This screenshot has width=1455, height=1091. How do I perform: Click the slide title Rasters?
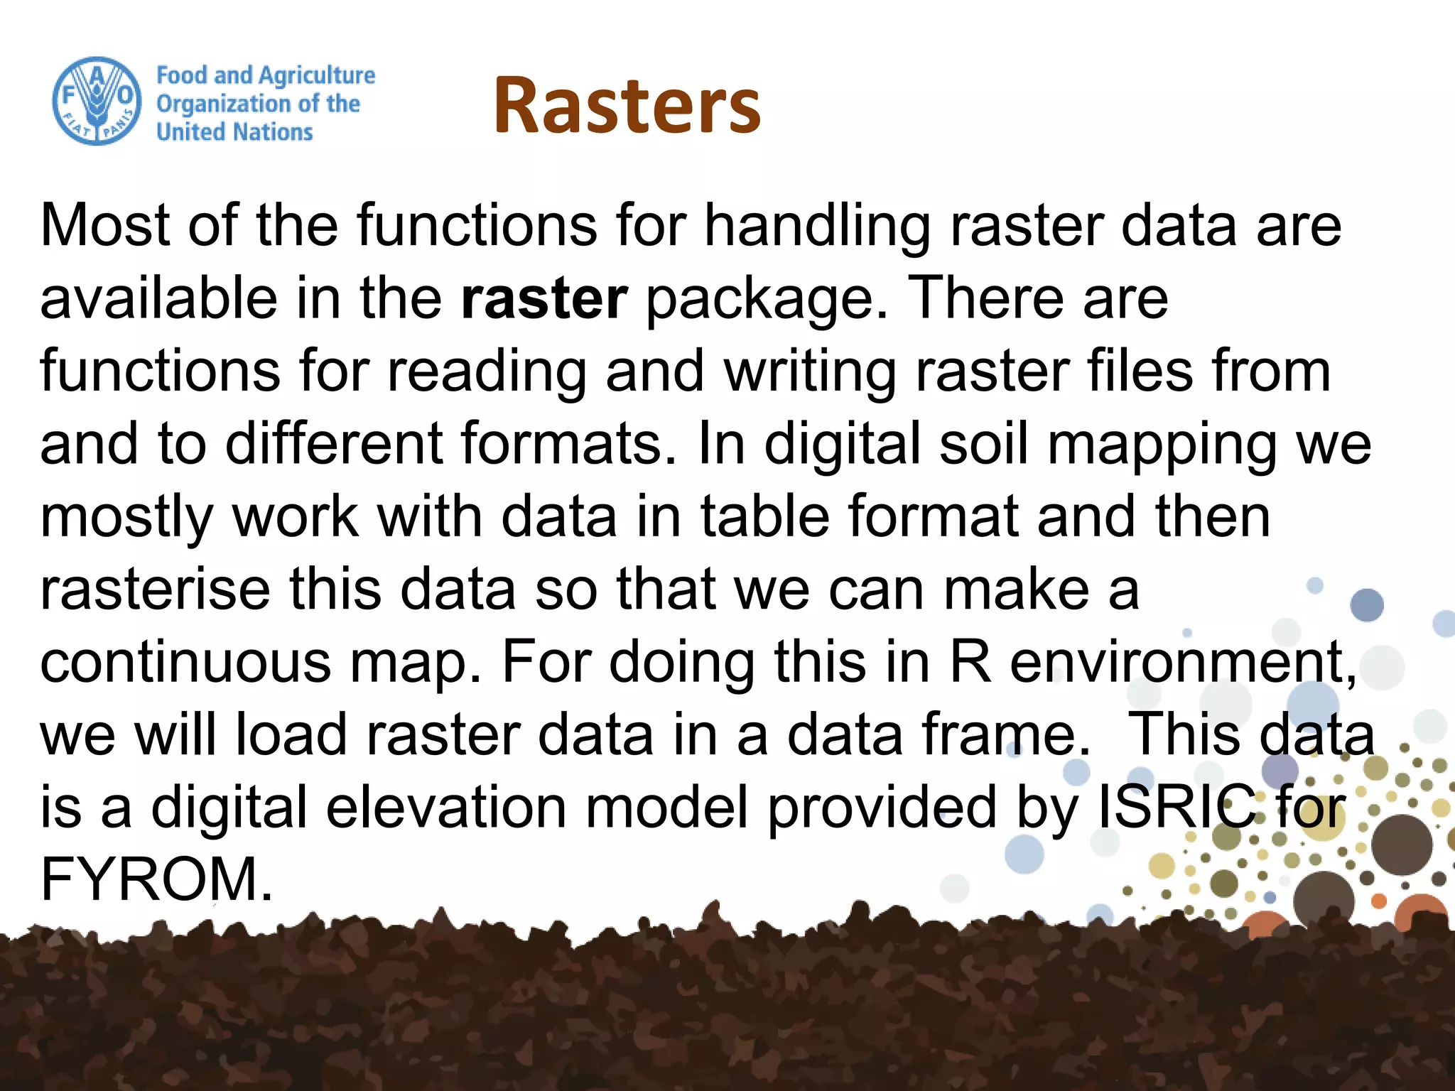coord(627,105)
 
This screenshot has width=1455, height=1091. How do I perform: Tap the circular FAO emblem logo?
coord(96,102)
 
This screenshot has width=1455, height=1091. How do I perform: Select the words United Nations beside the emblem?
coord(234,132)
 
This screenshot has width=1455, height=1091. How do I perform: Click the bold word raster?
coord(543,298)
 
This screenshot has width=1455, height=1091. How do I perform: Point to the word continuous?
coord(186,662)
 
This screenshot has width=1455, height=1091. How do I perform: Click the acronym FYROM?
coord(156,880)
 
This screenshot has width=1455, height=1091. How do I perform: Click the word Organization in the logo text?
coord(223,104)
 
